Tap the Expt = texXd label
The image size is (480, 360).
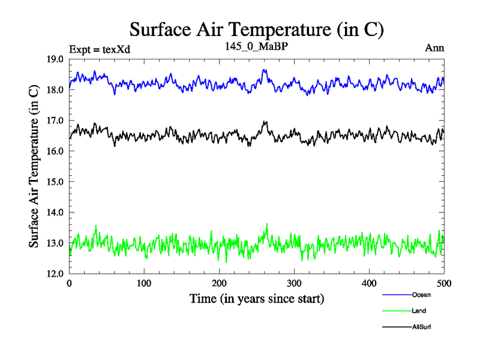100,49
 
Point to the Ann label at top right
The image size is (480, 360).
434,47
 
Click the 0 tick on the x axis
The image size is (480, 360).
70,283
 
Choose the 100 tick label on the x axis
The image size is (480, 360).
144,283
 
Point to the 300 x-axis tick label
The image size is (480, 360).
294,283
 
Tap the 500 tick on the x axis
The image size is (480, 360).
444,283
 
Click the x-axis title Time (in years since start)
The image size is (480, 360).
257,298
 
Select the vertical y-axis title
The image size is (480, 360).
35,166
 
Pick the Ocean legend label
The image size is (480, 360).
421,295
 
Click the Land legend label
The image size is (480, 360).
419,311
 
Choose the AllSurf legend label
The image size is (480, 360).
421,327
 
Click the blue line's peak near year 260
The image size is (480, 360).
265,70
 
